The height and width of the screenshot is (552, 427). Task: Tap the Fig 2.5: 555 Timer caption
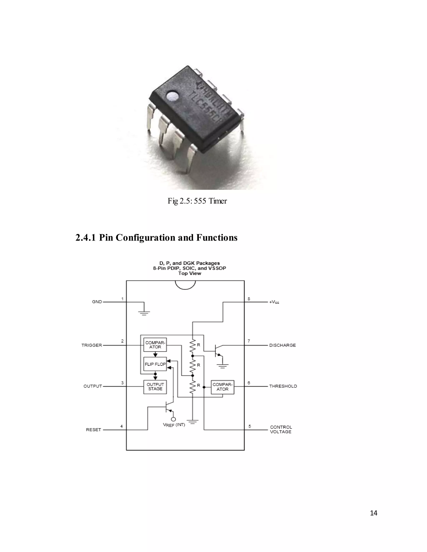pyautogui.click(x=197, y=201)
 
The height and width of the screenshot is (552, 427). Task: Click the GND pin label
pyautogui.click(x=97, y=302)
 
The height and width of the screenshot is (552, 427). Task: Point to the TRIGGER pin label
pyautogui.click(x=92, y=345)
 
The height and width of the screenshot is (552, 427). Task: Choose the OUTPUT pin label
pyautogui.click(x=93, y=386)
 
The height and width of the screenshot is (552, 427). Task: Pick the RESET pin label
pyautogui.click(x=93, y=430)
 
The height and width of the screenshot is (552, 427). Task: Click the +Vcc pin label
pyautogui.click(x=274, y=302)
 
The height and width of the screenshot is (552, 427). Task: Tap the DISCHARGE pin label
pyautogui.click(x=282, y=345)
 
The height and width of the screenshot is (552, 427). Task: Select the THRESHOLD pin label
pyautogui.click(x=283, y=386)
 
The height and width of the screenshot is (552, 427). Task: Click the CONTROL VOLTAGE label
pyautogui.click(x=281, y=430)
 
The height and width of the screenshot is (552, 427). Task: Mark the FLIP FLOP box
pyautogui.click(x=155, y=364)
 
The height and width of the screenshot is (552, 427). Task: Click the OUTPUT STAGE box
pyautogui.click(x=155, y=387)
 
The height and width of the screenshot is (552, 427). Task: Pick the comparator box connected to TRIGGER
pyautogui.click(x=155, y=345)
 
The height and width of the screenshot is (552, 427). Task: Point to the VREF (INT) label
pyautogui.click(x=174, y=425)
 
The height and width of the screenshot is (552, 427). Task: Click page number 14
pyautogui.click(x=373, y=513)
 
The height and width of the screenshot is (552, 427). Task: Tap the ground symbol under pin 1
pyautogui.click(x=144, y=313)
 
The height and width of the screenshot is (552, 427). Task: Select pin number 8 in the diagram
pyautogui.click(x=249, y=299)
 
